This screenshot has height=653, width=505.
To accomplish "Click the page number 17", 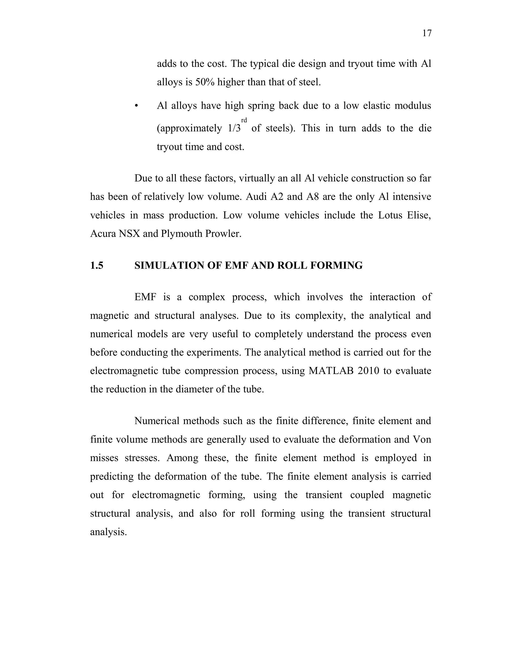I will point(427,33).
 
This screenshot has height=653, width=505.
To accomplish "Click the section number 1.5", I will point(97,265).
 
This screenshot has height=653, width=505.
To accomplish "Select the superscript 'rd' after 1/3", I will point(244,120).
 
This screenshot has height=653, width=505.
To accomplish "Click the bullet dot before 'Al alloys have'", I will point(136,106).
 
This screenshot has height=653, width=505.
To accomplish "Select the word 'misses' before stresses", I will point(104,458).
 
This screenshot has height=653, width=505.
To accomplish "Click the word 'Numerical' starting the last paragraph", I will point(157,421).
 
